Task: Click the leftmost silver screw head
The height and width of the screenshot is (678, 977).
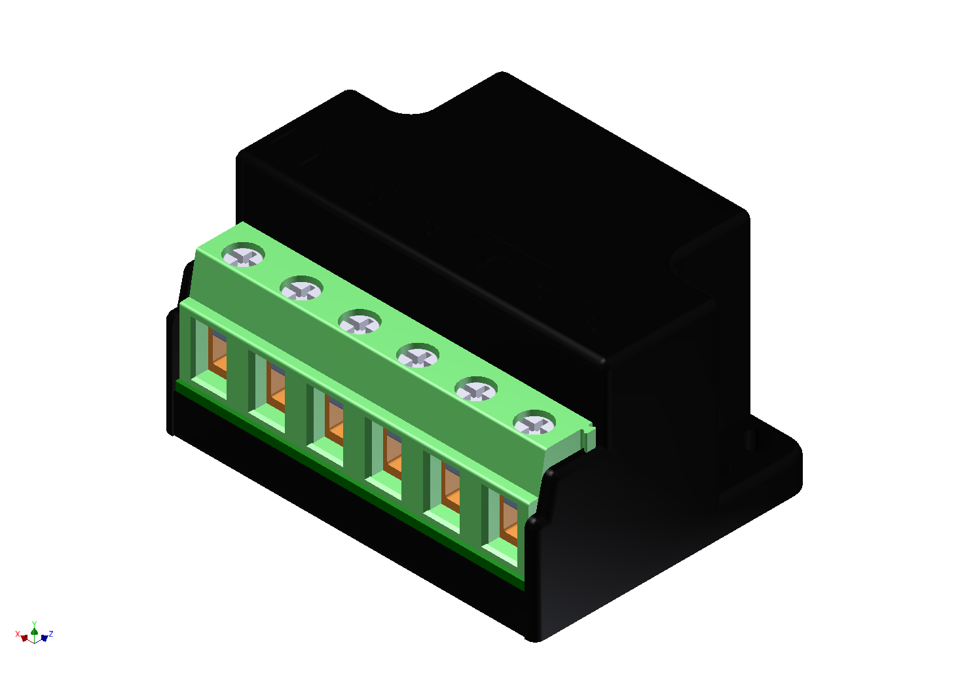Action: click(x=244, y=255)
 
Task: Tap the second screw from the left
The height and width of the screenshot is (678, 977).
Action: click(x=301, y=289)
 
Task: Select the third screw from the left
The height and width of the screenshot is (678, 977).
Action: click(x=359, y=322)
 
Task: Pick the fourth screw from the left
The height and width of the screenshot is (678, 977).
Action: click(x=418, y=356)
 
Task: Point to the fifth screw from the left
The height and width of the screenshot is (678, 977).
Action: click(x=476, y=390)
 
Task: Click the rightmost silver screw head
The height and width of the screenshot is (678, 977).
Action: click(x=534, y=423)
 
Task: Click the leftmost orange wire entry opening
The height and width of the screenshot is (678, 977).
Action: click(x=217, y=354)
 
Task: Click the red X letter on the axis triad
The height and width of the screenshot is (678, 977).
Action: click(x=18, y=633)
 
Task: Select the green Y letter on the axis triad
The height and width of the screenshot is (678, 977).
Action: click(x=34, y=624)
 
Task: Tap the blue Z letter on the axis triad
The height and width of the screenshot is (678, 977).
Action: click(x=51, y=633)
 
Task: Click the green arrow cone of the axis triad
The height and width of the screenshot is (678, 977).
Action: click(x=34, y=631)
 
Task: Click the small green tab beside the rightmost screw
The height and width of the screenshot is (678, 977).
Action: click(x=589, y=439)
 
